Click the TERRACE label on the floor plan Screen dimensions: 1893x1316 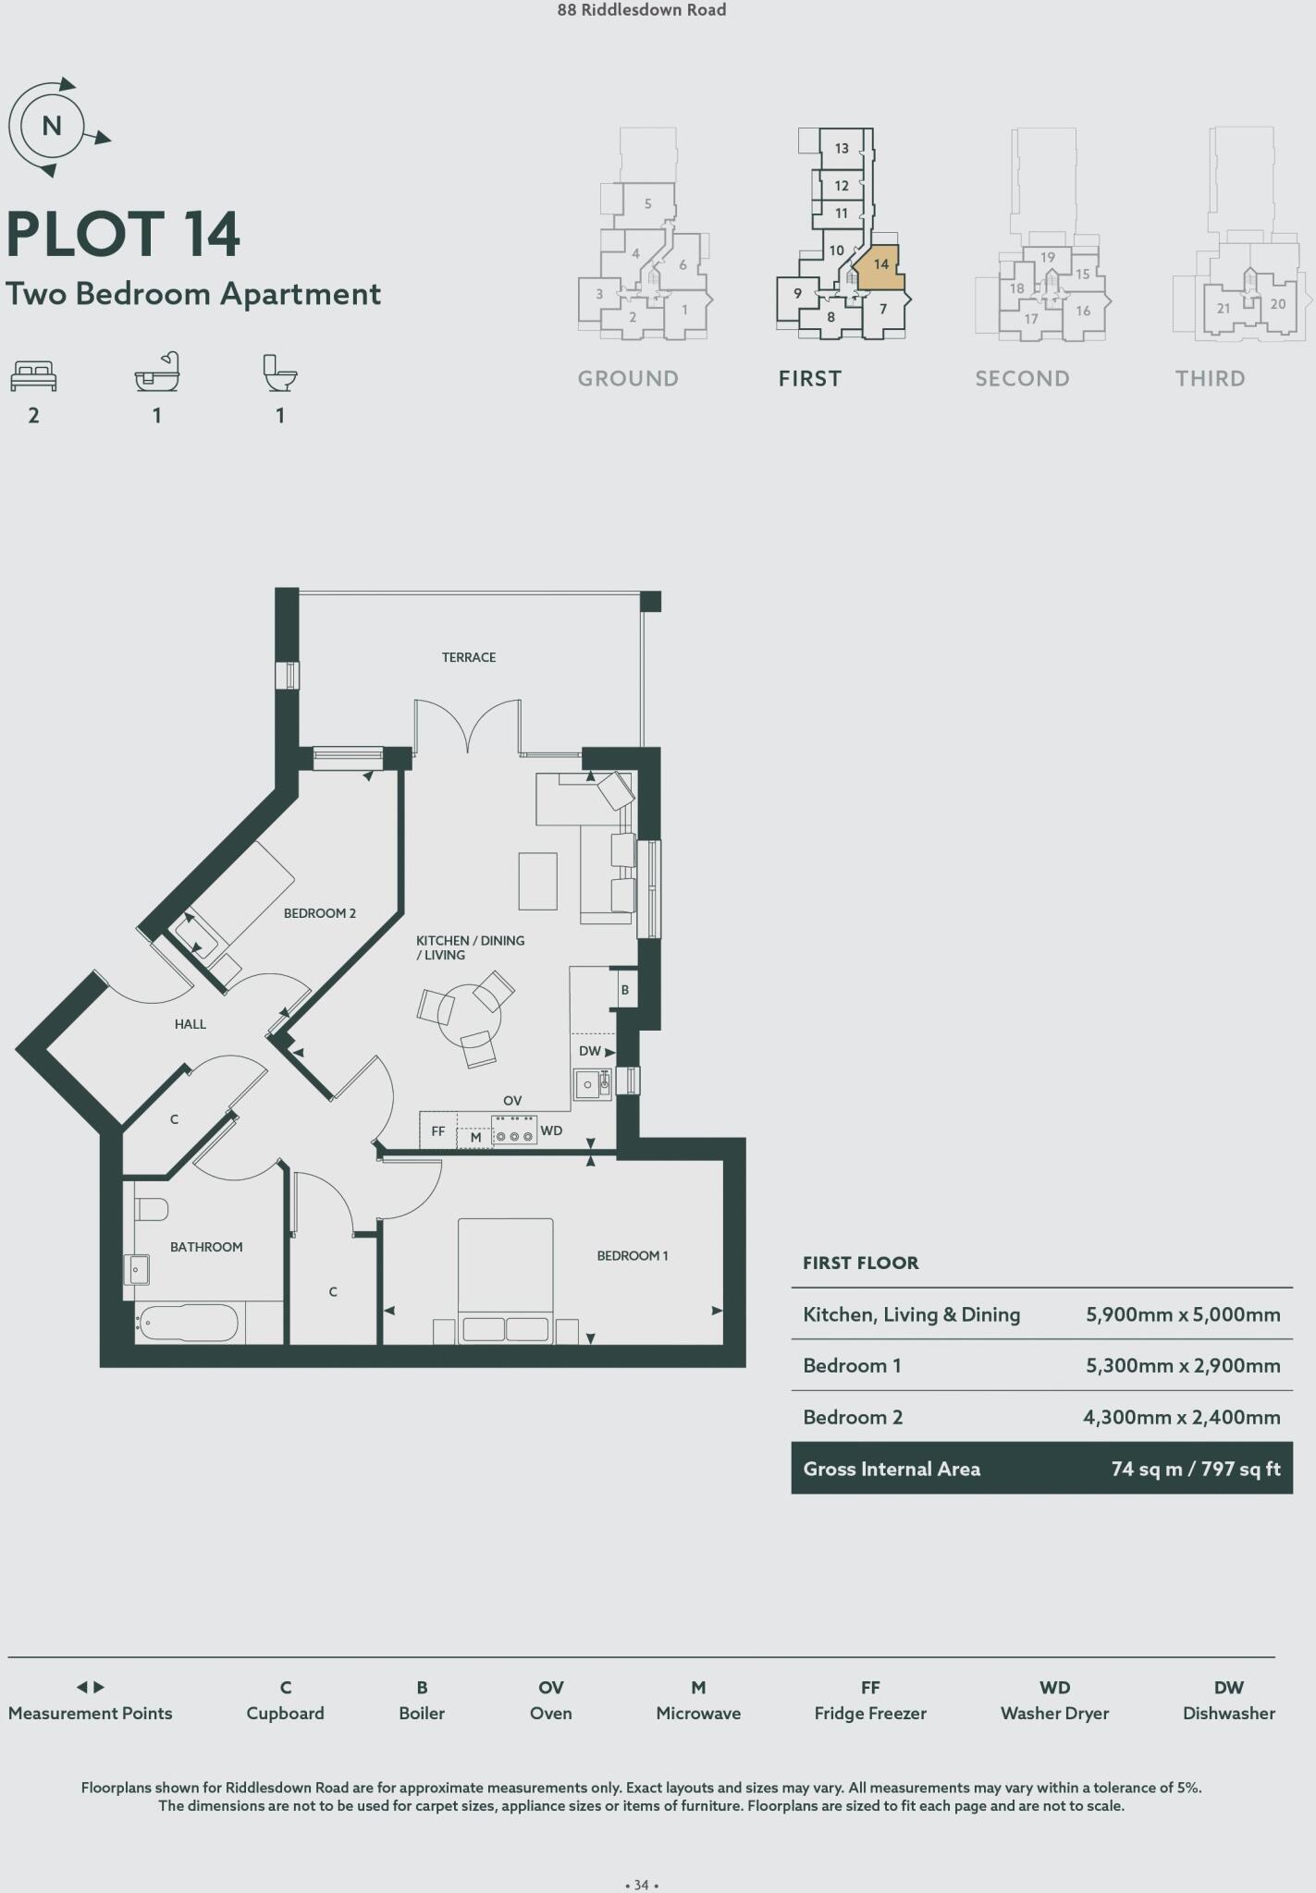[468, 657]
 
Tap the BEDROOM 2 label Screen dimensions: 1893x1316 [319, 913]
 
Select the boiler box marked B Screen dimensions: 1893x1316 [625, 990]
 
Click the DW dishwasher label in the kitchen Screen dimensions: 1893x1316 [589, 1051]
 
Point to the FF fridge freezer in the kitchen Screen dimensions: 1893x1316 [438, 1131]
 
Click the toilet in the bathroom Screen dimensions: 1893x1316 [151, 1210]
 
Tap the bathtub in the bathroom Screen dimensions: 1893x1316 [189, 1323]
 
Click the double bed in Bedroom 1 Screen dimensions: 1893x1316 [505, 1280]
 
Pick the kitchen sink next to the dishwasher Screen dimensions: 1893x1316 [588, 1084]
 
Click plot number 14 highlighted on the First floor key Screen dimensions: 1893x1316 [880, 264]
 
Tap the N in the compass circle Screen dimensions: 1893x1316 [52, 126]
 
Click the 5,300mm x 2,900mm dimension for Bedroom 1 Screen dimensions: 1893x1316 [1183, 1366]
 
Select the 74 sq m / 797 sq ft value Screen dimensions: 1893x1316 [1195, 1469]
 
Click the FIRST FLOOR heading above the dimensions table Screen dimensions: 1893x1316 [860, 1263]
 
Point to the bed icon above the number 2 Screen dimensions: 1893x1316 [33, 375]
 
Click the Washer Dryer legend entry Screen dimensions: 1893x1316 [1054, 1713]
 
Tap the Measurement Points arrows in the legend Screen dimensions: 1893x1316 [90, 1687]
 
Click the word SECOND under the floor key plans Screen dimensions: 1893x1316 [1022, 378]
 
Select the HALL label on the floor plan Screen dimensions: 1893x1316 [190, 1024]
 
